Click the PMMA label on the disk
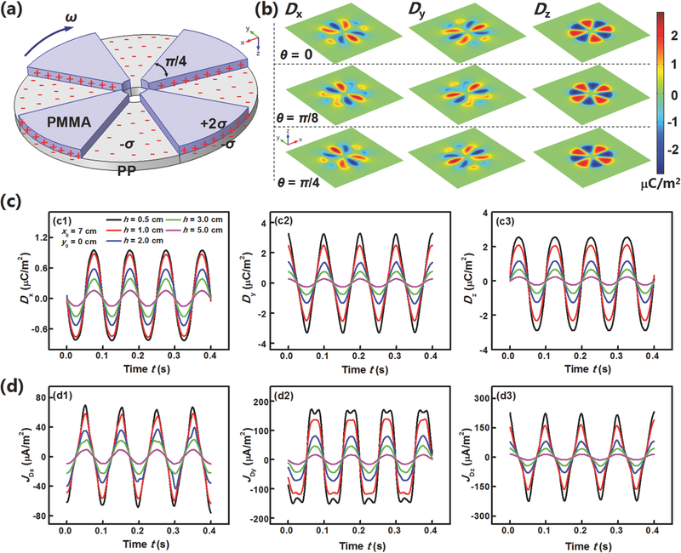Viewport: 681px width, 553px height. (68, 122)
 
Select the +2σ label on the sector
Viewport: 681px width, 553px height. (214, 123)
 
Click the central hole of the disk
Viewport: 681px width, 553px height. (136, 90)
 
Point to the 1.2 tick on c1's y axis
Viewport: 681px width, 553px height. (48, 237)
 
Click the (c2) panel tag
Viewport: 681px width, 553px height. (283, 220)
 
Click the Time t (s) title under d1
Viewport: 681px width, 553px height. (146, 544)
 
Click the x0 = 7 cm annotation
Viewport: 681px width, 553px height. (79, 231)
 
